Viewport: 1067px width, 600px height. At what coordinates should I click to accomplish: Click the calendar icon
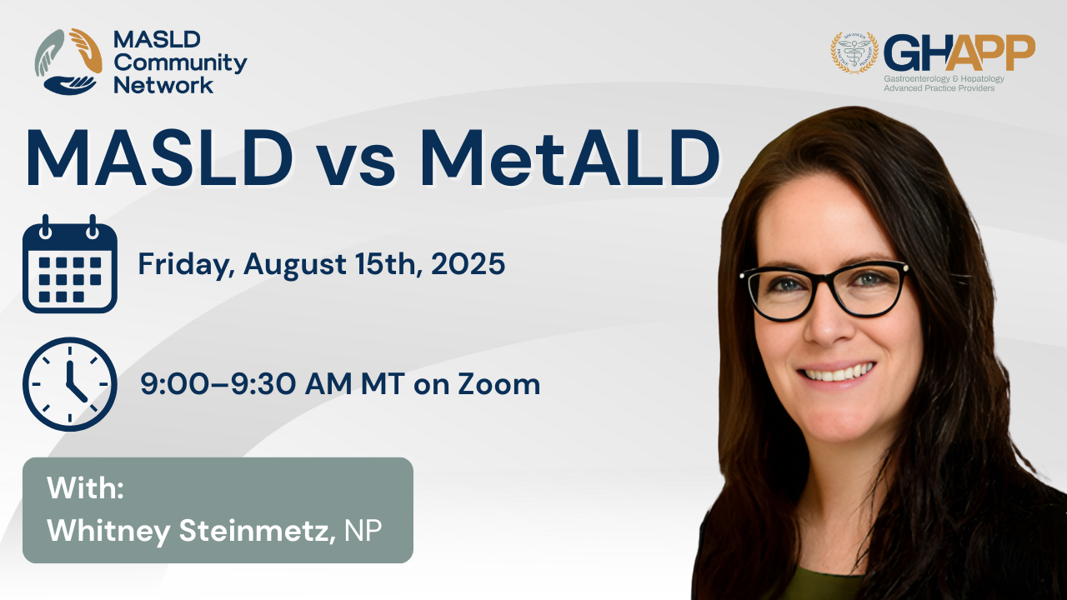69,264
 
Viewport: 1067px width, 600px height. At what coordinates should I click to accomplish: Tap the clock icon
69,384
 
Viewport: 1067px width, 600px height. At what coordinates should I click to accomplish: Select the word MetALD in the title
569,157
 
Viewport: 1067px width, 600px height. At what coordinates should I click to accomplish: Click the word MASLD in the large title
159,157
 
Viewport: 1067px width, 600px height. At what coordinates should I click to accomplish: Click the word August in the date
295,265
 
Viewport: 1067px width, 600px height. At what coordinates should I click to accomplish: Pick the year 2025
468,263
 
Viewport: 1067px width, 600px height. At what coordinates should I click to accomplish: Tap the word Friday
186,265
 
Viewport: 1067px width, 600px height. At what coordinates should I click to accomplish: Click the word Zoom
499,384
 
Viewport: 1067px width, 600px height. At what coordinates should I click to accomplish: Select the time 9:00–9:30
218,384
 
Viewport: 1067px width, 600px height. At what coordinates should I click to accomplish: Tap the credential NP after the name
363,530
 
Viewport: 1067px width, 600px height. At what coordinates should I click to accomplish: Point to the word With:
85,487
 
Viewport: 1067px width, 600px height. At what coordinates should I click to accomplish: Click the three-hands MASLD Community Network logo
68,62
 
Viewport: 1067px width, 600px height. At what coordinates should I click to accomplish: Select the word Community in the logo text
180,63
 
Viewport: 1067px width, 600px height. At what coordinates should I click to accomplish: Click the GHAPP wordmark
959,52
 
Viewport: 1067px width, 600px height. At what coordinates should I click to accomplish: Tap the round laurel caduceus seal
854,52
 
